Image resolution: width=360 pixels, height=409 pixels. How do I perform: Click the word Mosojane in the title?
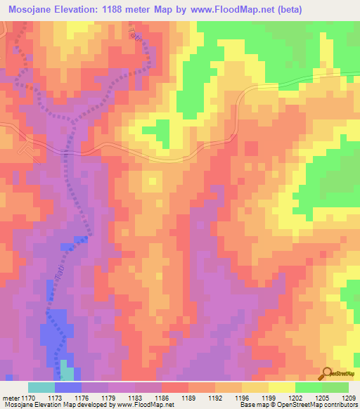click(x=32, y=10)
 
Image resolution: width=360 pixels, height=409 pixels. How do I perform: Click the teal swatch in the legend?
click(x=41, y=387)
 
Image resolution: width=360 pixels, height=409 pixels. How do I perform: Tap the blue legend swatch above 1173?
click(x=67, y=387)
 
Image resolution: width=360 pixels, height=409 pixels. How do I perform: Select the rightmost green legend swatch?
click(x=335, y=387)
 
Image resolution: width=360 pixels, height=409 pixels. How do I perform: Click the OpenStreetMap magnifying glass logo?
click(x=328, y=374)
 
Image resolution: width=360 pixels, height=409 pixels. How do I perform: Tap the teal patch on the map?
click(x=66, y=370)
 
